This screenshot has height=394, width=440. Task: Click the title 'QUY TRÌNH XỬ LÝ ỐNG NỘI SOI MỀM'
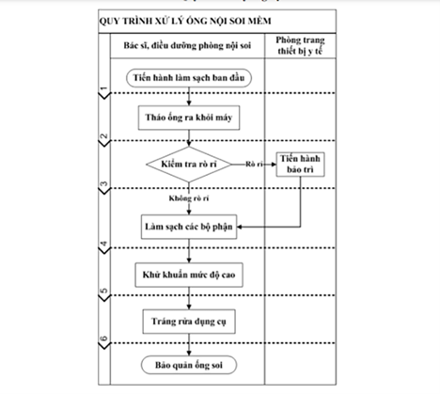(185, 21)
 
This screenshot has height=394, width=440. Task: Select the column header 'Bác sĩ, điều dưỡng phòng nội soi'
(187, 45)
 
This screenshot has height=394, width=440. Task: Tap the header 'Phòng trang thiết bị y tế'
(300, 45)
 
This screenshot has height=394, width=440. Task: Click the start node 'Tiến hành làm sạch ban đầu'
(189, 78)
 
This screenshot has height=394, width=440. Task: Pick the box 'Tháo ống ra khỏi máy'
(189, 118)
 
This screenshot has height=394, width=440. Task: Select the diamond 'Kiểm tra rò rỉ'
(189, 164)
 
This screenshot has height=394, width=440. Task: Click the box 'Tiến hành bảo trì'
(300, 165)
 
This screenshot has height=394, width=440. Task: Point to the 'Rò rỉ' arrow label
(254, 164)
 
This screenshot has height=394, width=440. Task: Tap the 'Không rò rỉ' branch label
(189, 198)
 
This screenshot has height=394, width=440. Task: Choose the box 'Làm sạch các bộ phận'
(189, 227)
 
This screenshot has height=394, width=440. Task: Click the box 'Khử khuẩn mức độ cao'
(189, 275)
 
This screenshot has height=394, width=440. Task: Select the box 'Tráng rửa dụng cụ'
(189, 322)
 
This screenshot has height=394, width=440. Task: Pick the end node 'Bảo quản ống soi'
(189, 365)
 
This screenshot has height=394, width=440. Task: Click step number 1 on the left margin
(104, 89)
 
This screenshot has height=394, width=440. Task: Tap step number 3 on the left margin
(104, 184)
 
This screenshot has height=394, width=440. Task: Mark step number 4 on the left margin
(104, 244)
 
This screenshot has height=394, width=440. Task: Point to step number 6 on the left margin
(104, 339)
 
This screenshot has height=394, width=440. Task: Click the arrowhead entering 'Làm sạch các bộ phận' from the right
(240, 227)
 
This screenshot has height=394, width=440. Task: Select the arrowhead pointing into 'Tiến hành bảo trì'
(274, 165)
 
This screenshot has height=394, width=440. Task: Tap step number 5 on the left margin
(104, 292)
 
